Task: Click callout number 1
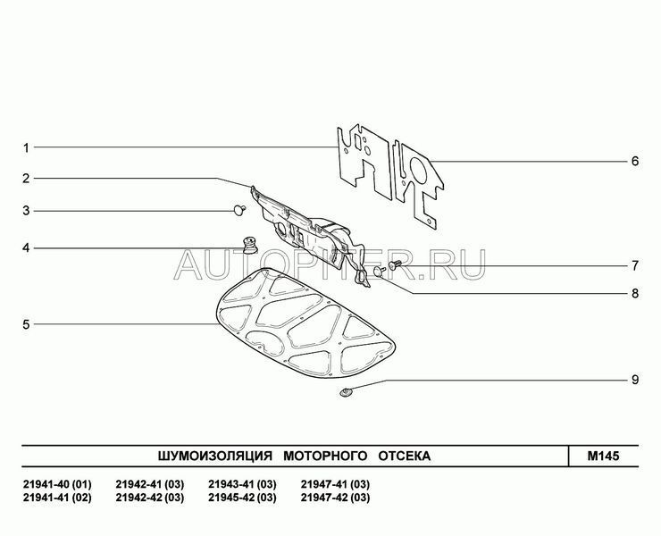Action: [x=26, y=148]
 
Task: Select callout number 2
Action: [x=26, y=179]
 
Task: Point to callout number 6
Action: [x=635, y=162]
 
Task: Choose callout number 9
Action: [x=635, y=380]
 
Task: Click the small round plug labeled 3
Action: [x=240, y=209]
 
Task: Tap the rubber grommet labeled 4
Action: [x=250, y=246]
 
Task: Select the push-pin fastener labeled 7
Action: [x=394, y=264]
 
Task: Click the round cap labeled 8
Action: [x=380, y=272]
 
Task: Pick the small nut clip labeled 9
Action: [x=346, y=393]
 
